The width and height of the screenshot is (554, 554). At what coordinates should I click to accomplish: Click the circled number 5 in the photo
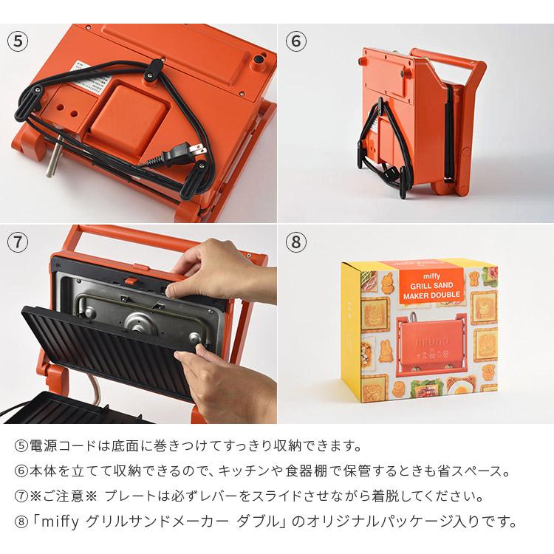pyautogui.click(x=18, y=41)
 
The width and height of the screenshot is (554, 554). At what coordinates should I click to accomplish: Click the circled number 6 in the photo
pyautogui.click(x=295, y=41)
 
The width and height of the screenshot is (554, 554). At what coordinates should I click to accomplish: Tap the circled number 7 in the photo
pyautogui.click(x=18, y=242)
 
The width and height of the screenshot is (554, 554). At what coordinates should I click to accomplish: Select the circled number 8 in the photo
pyautogui.click(x=295, y=242)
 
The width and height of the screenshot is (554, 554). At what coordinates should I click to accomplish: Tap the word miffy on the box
pyautogui.click(x=431, y=276)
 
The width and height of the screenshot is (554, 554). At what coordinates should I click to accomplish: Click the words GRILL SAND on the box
pyautogui.click(x=431, y=285)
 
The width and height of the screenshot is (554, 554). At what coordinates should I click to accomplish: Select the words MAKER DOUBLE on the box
pyautogui.click(x=431, y=294)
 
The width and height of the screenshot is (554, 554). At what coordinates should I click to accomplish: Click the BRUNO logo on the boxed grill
pyautogui.click(x=431, y=341)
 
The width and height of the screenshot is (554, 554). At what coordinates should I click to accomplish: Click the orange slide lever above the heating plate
pyautogui.click(x=130, y=281)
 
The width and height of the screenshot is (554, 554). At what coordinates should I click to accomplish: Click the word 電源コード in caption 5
pyautogui.click(x=63, y=446)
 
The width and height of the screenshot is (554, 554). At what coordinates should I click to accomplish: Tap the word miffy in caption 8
pyautogui.click(x=60, y=521)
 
